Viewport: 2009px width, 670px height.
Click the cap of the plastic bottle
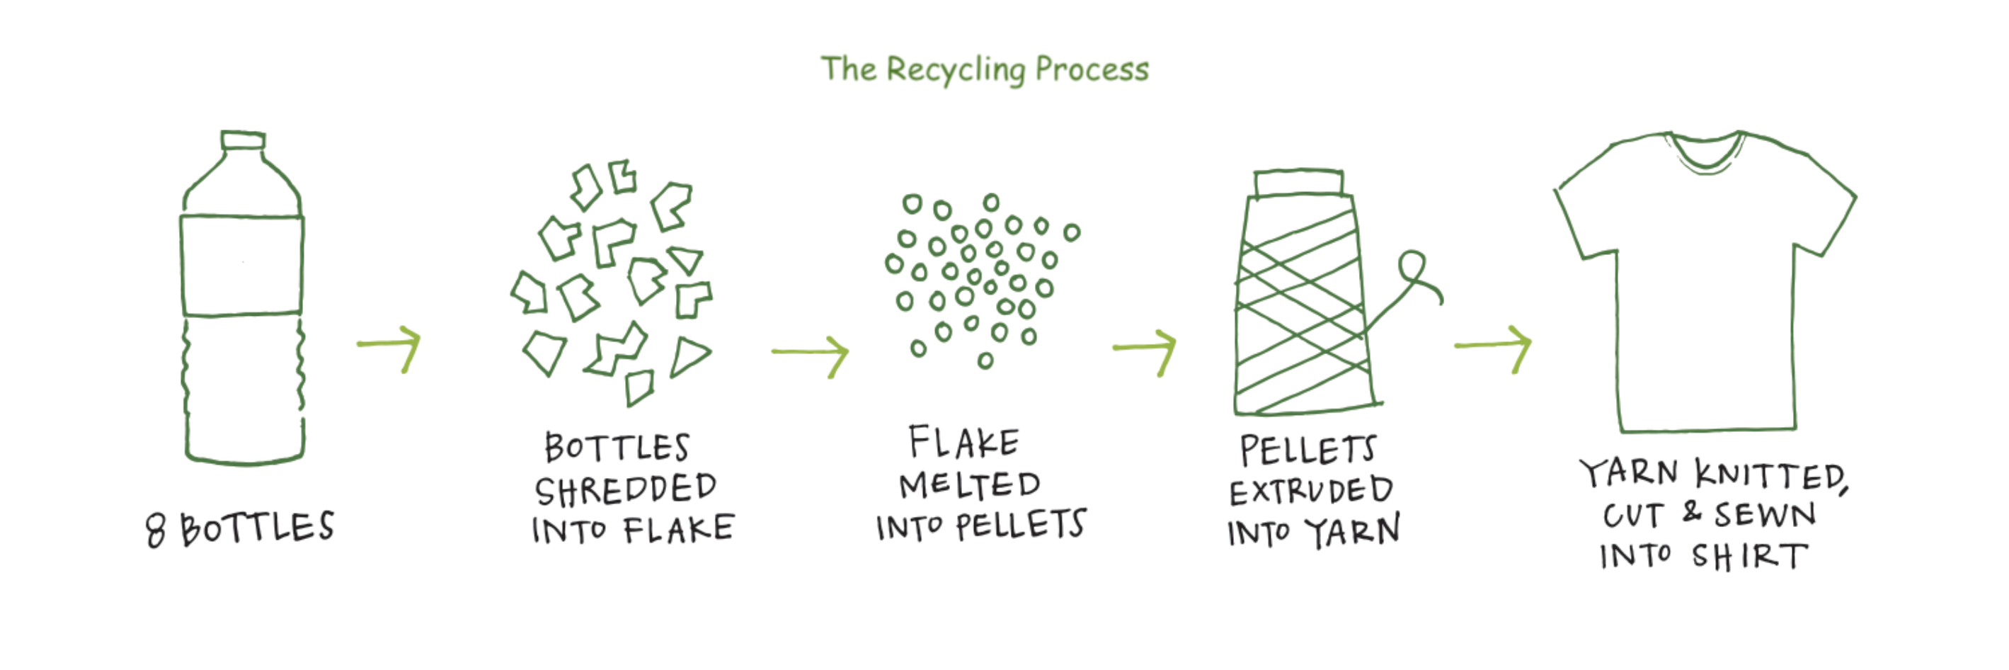point(243,140)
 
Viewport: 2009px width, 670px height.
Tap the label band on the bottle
point(242,265)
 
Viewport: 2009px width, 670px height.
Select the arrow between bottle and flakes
point(390,346)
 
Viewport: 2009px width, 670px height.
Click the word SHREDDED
point(626,490)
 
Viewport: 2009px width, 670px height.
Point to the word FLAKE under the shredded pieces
point(678,530)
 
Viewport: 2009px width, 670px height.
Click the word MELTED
point(969,486)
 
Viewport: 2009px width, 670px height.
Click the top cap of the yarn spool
point(1299,184)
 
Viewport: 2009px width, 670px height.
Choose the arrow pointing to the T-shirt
point(1494,346)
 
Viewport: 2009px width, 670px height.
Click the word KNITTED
point(1770,476)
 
